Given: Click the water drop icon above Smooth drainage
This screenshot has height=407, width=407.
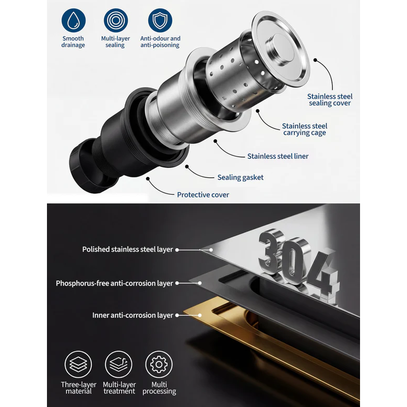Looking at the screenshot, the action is tap(74, 20).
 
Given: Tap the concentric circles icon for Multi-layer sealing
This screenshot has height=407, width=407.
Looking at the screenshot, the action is tap(116, 20).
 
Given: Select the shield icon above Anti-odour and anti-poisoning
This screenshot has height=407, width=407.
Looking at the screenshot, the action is tap(160, 20).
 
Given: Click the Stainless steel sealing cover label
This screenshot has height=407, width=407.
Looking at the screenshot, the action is tap(330, 100).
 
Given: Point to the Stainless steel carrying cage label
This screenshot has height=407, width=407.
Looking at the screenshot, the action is tap(305, 129).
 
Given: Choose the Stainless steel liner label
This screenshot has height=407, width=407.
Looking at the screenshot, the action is tap(278, 156).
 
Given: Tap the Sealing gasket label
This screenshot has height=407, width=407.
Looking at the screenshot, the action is tap(241, 177).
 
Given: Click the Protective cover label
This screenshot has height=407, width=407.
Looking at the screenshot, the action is tap(203, 195).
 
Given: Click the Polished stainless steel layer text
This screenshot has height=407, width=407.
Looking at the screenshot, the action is tap(127, 249).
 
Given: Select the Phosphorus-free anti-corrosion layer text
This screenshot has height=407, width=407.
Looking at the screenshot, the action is tap(114, 283).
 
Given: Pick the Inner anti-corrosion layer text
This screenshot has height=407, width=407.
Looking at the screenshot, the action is tap(133, 315).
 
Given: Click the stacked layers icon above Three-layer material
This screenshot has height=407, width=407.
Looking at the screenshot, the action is tap(78, 364).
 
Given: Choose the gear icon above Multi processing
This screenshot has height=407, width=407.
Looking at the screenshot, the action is tap(159, 364).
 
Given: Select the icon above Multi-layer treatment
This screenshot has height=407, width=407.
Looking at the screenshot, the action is tap(118, 364).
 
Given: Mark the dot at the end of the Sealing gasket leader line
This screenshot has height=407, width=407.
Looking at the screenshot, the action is tap(187, 166).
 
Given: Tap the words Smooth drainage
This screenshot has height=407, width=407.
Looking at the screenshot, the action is tap(73, 42).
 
